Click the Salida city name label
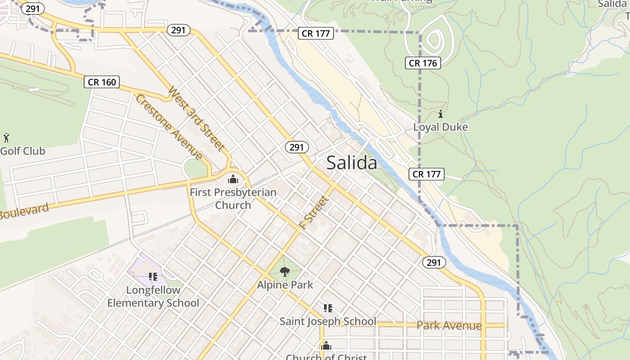351,162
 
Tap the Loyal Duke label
441,127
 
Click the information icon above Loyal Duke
441,114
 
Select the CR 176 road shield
423,63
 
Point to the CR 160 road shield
102,82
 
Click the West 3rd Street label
196,118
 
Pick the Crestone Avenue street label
169,126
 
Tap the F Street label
313,212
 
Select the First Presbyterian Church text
233,198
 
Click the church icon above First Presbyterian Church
233,179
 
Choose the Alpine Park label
285,285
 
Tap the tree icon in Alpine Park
284,271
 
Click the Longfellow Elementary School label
153,297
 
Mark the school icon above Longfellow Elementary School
153,276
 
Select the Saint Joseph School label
328,321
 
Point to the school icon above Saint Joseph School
328,308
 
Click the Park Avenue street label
449,325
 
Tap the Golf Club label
22,151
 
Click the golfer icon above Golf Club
6,138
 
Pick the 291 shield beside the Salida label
297,147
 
